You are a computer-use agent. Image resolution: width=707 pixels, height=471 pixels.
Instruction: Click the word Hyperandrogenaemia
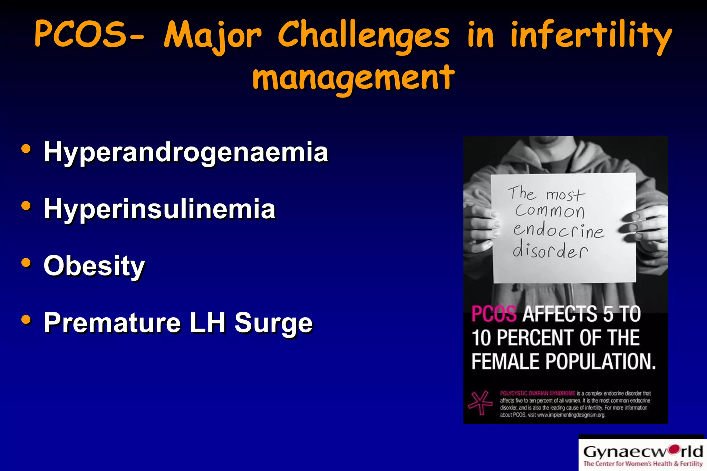[186, 152]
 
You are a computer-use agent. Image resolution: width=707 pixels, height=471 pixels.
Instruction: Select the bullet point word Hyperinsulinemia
[159, 209]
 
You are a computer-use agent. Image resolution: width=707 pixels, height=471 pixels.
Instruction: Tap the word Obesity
[94, 266]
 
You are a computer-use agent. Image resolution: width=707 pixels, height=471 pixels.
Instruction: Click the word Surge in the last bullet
[273, 323]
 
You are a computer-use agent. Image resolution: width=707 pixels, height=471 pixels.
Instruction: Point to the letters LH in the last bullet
[207, 323]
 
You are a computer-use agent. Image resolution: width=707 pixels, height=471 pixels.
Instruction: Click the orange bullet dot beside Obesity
[26, 263]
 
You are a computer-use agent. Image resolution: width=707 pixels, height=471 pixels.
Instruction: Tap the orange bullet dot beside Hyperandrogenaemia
[26, 149]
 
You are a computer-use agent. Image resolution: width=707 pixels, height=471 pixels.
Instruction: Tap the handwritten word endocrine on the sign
[559, 230]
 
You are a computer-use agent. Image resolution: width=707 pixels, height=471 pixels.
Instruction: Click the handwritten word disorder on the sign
[550, 250]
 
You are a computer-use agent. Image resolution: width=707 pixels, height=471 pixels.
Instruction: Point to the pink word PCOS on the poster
[494, 314]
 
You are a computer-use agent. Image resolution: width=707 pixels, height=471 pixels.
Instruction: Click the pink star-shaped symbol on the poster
[480, 402]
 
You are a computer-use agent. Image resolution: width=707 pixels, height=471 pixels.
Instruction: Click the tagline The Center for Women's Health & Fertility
[643, 464]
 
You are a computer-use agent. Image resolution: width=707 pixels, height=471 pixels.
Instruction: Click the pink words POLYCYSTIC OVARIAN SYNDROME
[537, 393]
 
